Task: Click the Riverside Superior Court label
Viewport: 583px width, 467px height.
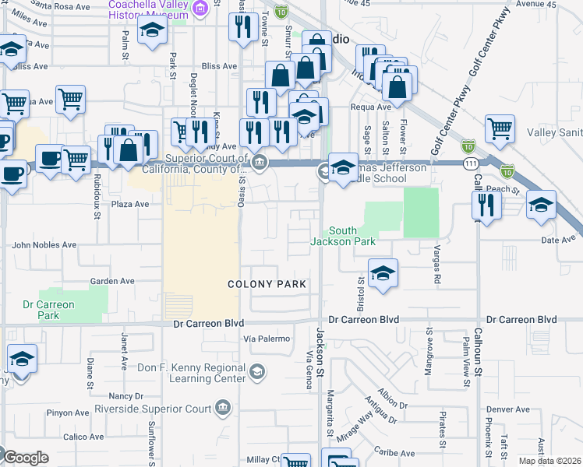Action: click(x=153, y=408)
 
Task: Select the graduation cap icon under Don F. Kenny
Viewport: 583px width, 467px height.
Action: click(x=256, y=374)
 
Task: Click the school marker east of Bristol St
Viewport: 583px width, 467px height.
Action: click(x=383, y=274)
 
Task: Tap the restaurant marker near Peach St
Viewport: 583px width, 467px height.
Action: click(x=484, y=205)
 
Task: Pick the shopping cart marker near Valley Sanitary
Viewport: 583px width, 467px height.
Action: click(x=500, y=128)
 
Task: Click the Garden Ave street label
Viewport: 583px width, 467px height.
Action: click(x=112, y=281)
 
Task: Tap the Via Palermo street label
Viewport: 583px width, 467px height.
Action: click(x=267, y=339)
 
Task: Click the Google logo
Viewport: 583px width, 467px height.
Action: click(x=25, y=458)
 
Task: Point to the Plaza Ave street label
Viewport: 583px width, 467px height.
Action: click(x=129, y=204)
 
